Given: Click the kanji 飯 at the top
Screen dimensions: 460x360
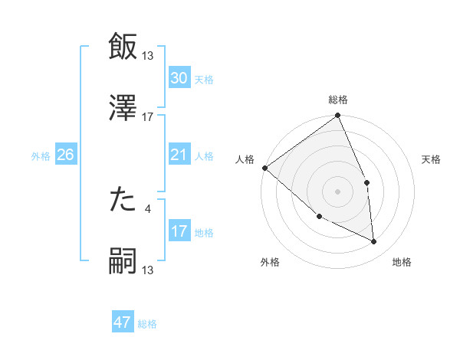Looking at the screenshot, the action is [x=123, y=47].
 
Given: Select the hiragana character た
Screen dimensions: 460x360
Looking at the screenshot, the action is [x=123, y=200].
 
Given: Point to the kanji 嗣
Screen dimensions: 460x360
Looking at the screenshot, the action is [x=123, y=261].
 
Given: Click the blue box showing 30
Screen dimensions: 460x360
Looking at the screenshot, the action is [x=179, y=78].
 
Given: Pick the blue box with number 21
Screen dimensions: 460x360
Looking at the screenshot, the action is [x=179, y=155].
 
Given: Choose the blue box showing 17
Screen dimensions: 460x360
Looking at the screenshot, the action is [x=179, y=232].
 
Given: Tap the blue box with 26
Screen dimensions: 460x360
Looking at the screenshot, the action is [x=65, y=155].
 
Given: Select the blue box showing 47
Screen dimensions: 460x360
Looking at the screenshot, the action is [x=123, y=323].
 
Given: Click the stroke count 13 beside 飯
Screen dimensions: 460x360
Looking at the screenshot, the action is [x=148, y=56].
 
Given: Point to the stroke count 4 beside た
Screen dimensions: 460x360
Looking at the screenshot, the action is [x=148, y=208].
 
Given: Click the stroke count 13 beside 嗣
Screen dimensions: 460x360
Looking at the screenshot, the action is [x=148, y=270].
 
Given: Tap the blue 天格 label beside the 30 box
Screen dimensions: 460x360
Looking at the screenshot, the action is [x=204, y=80].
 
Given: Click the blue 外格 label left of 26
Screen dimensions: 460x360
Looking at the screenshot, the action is [x=41, y=156].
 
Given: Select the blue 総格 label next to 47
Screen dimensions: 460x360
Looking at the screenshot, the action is [x=147, y=324].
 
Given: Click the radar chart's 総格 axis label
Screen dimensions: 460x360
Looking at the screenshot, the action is [x=338, y=100].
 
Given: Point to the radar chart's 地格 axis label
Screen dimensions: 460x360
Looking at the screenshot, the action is [x=402, y=262].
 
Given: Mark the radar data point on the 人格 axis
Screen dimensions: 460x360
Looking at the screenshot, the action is [x=264, y=168].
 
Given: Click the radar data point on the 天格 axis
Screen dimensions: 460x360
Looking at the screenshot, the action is [x=367, y=182].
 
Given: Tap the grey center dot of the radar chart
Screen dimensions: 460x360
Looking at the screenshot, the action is [x=337, y=191].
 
